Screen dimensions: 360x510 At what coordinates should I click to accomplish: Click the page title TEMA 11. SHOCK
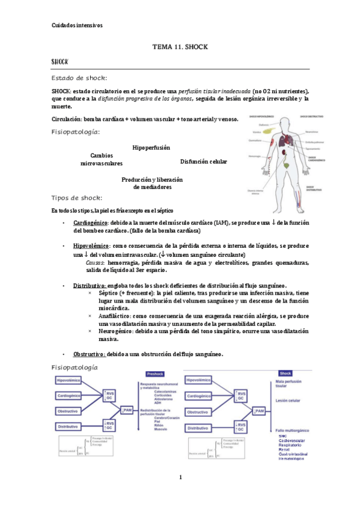point(180,46)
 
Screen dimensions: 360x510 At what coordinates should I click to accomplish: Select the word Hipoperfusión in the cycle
point(151,147)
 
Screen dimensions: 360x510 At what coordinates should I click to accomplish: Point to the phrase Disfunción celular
point(203,162)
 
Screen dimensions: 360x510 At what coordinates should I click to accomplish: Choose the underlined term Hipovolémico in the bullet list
point(91,247)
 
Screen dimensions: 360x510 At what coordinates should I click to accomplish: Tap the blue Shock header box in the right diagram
point(286,373)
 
